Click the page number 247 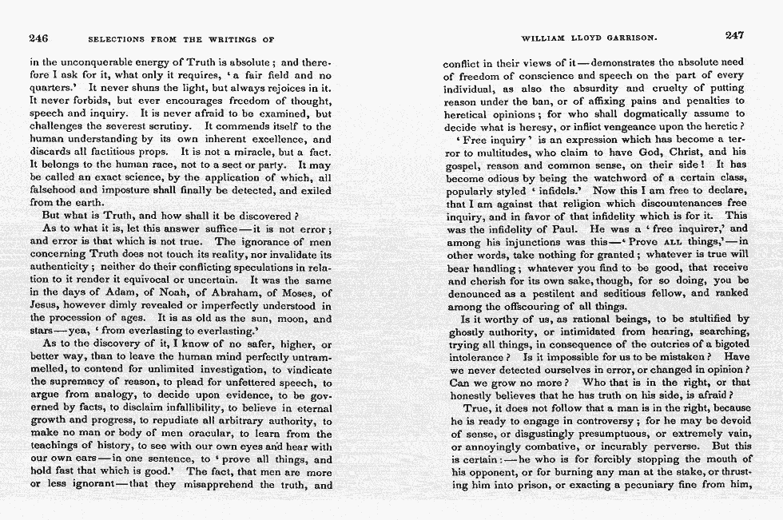pyautogui.click(x=734, y=35)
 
